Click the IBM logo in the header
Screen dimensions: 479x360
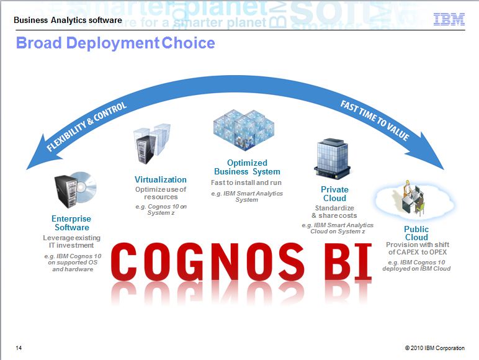tap(449, 19)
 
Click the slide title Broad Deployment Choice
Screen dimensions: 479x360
tap(115, 43)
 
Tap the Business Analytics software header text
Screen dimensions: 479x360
tap(68, 20)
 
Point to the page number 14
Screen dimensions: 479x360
tap(19, 348)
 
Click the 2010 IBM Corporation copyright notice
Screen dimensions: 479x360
tap(435, 348)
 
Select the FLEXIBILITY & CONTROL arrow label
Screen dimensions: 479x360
tap(86, 127)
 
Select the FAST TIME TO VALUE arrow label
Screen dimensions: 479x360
tap(375, 120)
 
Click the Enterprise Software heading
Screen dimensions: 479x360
tap(71, 223)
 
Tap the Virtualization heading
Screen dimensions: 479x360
tap(161, 179)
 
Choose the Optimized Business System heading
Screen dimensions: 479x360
tap(247, 167)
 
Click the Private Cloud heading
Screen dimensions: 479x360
tap(334, 194)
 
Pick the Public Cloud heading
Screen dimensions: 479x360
tap(416, 233)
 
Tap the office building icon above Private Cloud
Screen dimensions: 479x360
tap(332, 159)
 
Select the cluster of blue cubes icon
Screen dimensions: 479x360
tap(244, 130)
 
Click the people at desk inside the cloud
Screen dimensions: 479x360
tap(413, 197)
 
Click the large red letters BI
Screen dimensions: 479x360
tap(348, 262)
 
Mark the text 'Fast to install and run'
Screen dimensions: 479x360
tap(246, 182)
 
